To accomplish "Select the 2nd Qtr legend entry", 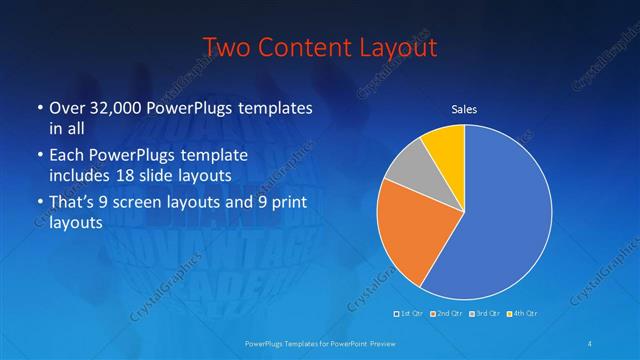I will coord(446,314).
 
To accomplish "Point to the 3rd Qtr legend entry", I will coord(483,314).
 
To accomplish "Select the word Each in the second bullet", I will coord(67,157).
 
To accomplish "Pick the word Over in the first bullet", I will coord(68,108).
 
